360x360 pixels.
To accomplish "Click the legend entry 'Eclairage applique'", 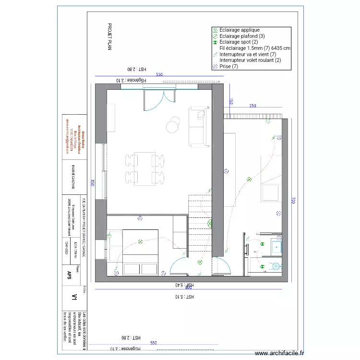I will click(240, 30).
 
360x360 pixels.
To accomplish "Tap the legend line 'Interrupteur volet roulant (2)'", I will click(250, 60).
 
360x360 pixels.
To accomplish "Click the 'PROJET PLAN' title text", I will click(109, 37).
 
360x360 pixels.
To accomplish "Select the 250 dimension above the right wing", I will click(252, 106).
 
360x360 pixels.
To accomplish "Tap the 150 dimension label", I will click(231, 102).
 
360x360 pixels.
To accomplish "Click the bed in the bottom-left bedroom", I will click(141, 252).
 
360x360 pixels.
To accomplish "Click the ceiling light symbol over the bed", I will click(140, 241).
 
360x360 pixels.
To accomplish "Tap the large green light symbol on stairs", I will click(210, 223).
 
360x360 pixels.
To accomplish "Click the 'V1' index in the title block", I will click(74, 298).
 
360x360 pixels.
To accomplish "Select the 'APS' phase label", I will click(70, 275).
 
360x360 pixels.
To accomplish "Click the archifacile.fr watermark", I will click(280, 353).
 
